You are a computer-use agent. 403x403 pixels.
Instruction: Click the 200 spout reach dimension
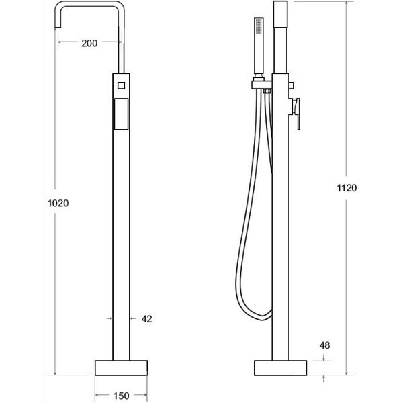click(89, 43)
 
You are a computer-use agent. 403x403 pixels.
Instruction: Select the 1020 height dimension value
click(58, 204)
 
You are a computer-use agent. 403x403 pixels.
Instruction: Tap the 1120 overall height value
click(347, 188)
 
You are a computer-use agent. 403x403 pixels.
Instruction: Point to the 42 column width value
click(146, 319)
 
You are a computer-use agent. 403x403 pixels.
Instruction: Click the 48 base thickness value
click(324, 345)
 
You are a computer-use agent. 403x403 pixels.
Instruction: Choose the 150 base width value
click(122, 396)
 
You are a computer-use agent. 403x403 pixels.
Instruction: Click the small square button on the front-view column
click(121, 85)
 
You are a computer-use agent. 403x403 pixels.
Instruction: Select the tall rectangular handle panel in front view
click(121, 114)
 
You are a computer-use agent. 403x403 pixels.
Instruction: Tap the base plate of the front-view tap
click(121, 368)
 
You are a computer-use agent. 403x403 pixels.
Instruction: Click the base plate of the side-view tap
click(280, 368)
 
